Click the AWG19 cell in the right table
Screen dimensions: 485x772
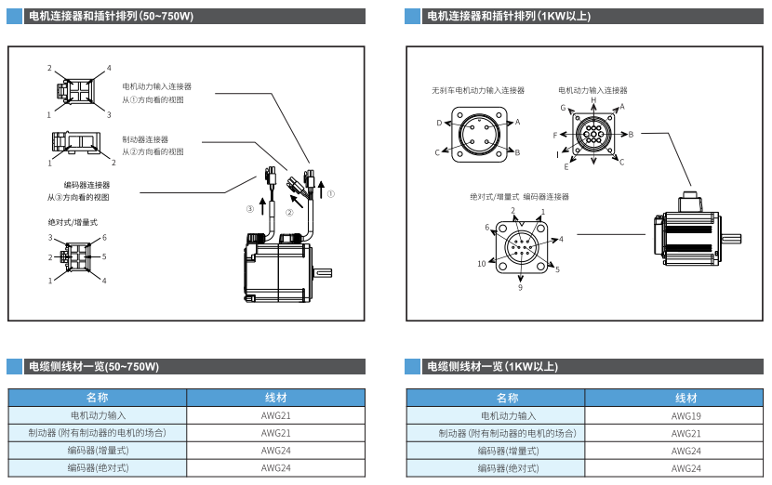tap(686, 415)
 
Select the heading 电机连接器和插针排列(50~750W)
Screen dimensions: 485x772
tap(111, 16)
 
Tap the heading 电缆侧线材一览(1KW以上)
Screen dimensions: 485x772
tap(492, 367)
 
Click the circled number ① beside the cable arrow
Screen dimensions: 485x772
tap(330, 194)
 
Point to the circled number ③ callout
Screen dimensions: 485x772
tap(249, 210)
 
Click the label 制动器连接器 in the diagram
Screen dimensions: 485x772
tap(145, 139)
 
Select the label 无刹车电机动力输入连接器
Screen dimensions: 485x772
tap(478, 91)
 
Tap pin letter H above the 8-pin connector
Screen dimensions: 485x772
tap(593, 99)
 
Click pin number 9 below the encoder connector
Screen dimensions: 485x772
tap(520, 288)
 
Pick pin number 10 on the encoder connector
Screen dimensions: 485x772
tap(482, 264)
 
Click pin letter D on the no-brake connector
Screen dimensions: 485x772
tap(439, 123)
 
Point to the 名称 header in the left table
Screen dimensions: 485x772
tap(97, 398)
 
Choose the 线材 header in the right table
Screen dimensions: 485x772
tap(686, 398)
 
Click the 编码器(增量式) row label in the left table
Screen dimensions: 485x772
tap(97, 451)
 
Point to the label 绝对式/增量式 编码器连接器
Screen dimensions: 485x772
tap(519, 197)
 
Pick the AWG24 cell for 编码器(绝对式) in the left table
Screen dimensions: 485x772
tap(276, 468)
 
